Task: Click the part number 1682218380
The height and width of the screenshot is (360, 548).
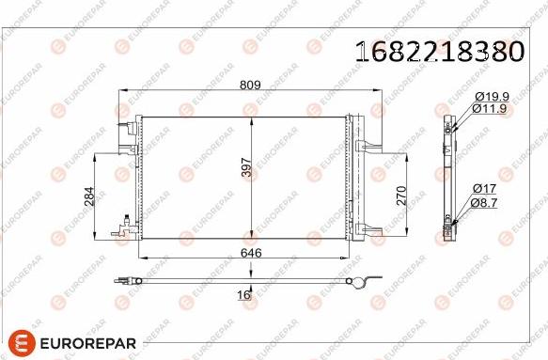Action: coord(439,51)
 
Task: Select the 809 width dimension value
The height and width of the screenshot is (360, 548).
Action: coord(249,85)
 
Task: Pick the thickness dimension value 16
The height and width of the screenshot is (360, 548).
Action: coord(244,295)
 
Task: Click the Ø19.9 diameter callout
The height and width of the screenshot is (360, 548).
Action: coord(493,96)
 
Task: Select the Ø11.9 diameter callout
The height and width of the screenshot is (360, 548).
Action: coord(493,108)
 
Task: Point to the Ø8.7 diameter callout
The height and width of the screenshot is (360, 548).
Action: coord(489,201)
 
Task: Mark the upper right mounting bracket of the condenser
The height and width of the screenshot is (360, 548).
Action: coord(368,143)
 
